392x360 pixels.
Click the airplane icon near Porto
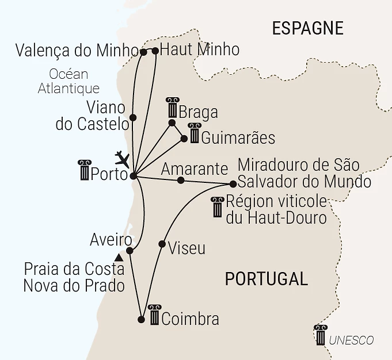click(123, 158)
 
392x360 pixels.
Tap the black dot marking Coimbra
click(142, 319)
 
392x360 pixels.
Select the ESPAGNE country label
click(307, 28)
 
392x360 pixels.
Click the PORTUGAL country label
click(266, 279)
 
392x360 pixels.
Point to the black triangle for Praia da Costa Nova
click(119, 257)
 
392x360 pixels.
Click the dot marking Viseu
click(162, 244)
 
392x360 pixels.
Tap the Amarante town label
click(194, 169)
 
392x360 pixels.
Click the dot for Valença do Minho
click(143, 52)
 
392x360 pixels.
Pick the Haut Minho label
click(199, 50)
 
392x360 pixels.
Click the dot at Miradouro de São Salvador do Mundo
click(233, 184)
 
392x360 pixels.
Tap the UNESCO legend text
click(351, 340)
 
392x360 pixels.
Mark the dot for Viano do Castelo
click(133, 117)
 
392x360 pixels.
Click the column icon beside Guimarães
click(195, 133)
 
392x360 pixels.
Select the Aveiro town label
click(111, 239)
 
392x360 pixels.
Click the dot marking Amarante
click(181, 181)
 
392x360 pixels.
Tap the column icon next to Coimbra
click(154, 315)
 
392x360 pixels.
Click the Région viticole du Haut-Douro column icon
click(217, 207)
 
